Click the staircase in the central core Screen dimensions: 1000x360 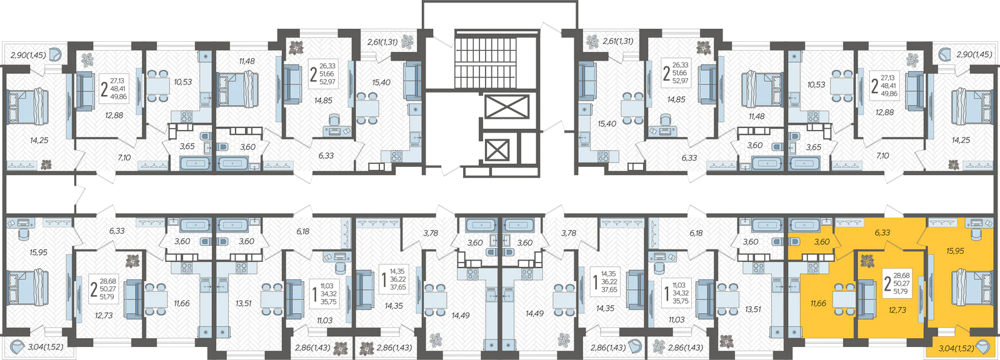496,60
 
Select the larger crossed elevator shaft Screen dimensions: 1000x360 506,107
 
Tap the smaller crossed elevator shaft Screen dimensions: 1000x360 497,149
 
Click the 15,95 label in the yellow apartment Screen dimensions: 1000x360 955,251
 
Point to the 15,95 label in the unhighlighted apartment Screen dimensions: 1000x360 38,252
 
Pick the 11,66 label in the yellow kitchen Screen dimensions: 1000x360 818,303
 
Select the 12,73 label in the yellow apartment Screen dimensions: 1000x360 897,310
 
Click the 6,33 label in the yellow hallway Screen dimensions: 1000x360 882,232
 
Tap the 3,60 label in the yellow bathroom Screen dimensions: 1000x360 822,242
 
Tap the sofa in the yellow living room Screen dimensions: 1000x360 867,297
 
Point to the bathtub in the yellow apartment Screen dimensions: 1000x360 804,224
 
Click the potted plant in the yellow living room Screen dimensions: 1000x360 867,261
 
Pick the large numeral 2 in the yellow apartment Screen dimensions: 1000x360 887,284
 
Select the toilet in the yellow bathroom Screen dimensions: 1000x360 794,242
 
